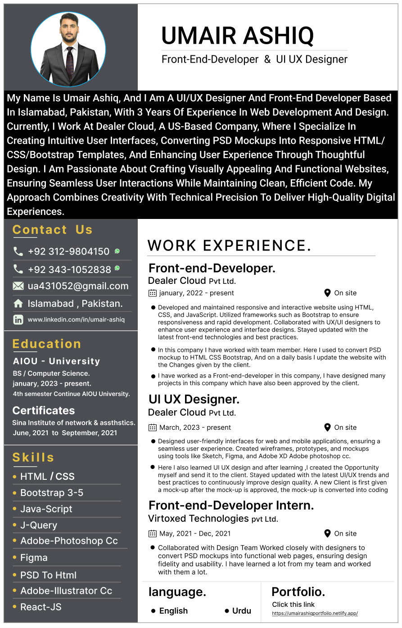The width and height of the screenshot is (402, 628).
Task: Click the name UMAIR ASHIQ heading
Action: point(237,36)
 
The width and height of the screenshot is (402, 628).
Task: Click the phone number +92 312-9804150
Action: point(68,251)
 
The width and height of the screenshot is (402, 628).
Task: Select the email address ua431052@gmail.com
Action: point(78,286)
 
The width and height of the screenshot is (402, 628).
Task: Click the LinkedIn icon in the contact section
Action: point(18,320)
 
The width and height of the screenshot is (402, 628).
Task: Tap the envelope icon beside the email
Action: point(18,286)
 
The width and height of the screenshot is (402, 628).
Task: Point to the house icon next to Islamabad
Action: point(18,304)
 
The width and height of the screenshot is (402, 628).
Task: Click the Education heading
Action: point(47,344)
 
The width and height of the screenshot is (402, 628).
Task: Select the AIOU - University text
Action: point(56,361)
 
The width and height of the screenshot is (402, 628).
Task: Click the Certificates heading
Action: point(44,410)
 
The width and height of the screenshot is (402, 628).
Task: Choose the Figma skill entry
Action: point(34,558)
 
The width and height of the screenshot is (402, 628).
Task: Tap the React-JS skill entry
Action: point(41,607)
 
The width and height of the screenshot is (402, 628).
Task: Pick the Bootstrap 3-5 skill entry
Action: point(51,493)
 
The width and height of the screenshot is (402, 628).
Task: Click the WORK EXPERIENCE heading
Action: point(229,246)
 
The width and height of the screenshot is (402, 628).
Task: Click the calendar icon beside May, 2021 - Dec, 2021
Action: point(153,533)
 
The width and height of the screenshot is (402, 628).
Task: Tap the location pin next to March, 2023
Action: point(327,427)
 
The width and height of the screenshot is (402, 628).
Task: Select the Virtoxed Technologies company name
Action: point(198,519)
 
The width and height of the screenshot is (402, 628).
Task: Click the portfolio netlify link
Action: point(315,614)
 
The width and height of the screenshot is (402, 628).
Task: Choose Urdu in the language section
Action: point(241,611)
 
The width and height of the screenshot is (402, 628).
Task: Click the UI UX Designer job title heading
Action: point(194,399)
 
